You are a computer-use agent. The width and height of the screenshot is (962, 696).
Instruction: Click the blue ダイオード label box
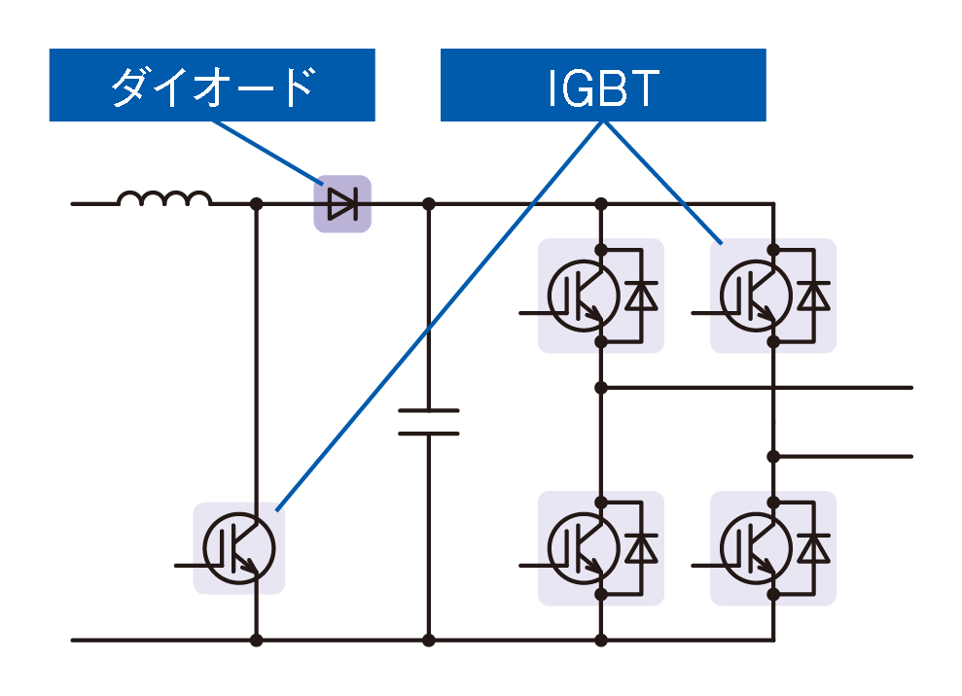211,86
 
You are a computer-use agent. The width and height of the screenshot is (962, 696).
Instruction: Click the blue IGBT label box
603,86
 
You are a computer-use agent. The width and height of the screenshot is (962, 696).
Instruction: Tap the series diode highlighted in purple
341,204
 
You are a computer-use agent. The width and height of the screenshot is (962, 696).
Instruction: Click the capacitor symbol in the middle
428,423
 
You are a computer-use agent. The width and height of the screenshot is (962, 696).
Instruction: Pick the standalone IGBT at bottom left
238,548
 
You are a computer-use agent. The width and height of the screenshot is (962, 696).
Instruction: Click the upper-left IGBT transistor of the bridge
581,296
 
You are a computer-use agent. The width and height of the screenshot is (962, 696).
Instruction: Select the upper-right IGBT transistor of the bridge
753,296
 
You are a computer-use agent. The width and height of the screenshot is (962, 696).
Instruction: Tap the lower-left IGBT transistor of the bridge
581,547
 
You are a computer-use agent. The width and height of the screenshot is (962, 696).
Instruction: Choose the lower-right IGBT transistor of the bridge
753,547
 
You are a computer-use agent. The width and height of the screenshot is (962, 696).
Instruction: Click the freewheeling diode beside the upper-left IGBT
640,296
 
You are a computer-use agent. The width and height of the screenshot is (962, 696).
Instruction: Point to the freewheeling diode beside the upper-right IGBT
812,296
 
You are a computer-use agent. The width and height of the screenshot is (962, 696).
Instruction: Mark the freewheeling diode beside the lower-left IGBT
640,548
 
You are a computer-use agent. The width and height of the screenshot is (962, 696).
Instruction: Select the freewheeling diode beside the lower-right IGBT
812,548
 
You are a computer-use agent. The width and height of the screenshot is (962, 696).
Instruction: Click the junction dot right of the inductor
256,204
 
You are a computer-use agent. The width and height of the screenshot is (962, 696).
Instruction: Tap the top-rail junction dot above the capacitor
428,204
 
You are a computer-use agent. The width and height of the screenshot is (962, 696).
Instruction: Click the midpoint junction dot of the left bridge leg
601,387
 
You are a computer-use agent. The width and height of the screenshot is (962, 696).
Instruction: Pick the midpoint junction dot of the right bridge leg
773,456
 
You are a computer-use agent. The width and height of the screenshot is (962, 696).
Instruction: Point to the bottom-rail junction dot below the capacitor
428,640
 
